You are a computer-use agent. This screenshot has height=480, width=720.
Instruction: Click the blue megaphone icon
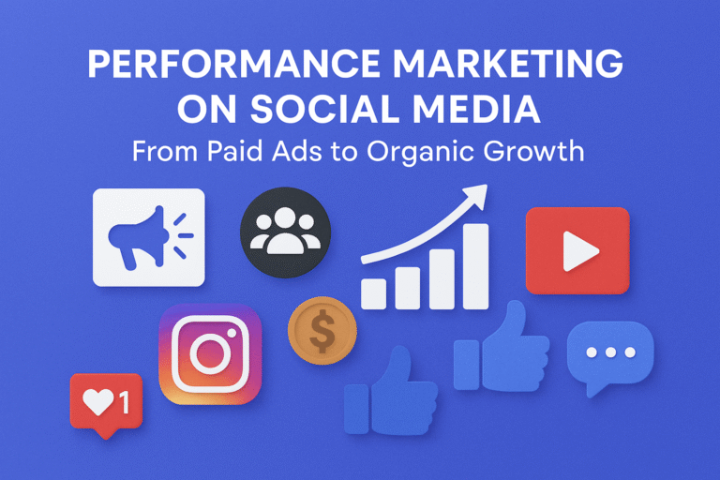tap(139, 238)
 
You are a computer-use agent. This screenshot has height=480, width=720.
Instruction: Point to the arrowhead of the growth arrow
tap(479, 194)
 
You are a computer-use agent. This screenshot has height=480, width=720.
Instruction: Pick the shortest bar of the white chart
tap(374, 293)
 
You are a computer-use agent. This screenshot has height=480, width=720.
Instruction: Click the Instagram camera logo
tap(211, 354)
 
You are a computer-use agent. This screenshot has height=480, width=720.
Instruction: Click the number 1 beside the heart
tap(123, 404)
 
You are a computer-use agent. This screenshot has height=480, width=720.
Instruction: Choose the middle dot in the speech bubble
tap(611, 353)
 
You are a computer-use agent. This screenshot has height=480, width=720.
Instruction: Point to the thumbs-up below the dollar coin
tap(383, 393)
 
